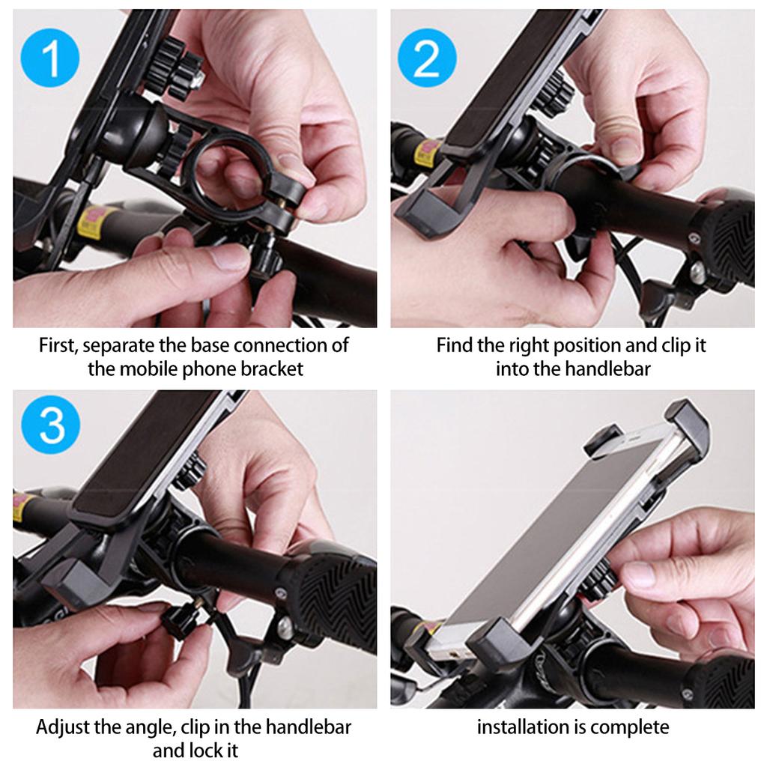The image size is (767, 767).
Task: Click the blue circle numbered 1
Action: pos(52,59)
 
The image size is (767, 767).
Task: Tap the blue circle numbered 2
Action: pos(426,59)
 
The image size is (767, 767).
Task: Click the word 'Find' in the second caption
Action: pos(454,346)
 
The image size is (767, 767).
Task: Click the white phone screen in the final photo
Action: pos(554,524)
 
